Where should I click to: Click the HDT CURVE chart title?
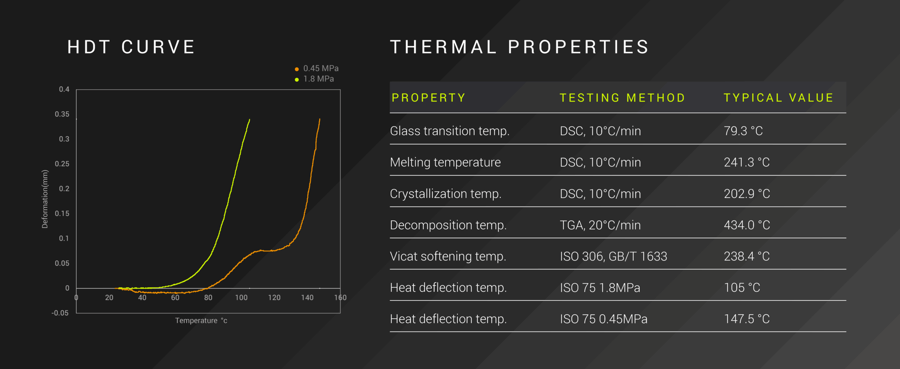tap(131, 47)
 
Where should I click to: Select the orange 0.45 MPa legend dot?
tap(297, 69)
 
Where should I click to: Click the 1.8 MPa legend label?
tap(319, 79)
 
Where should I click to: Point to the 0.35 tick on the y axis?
tap(62, 114)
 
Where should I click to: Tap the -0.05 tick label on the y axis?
tap(60, 313)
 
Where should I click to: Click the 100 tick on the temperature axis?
tap(241, 298)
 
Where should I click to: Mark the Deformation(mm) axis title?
tap(45, 199)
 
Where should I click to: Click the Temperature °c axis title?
tap(201, 321)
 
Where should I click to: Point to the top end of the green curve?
tap(250, 119)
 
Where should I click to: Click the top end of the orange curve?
tap(320, 119)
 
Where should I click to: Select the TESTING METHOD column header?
tap(622, 98)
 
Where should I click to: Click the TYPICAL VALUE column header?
tap(778, 98)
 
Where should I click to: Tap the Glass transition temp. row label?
tap(450, 131)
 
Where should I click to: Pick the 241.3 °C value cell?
tap(747, 162)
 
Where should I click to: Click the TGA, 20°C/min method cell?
tap(600, 225)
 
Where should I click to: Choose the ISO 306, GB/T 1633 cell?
tap(613, 257)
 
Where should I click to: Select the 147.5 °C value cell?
tap(747, 319)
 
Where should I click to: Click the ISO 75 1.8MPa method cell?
tap(600, 288)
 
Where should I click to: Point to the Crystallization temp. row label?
tap(445, 194)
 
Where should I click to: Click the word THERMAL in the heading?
tap(444, 47)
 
